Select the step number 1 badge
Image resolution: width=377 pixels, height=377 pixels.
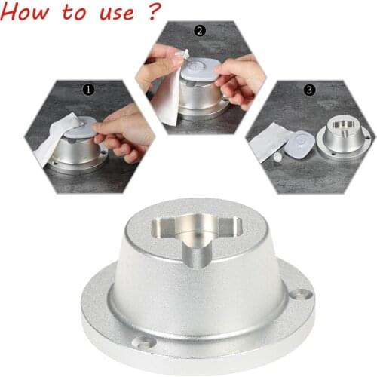(x=89, y=89)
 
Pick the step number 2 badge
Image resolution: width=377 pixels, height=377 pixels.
(x=199, y=31)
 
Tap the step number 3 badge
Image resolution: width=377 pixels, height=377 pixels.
(x=309, y=89)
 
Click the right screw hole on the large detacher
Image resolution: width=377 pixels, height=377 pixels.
(x=303, y=293)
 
